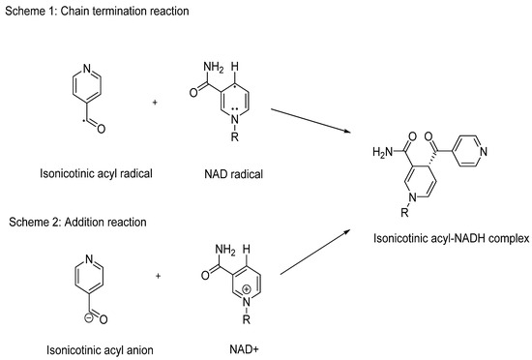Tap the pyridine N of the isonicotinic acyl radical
[87, 70]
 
